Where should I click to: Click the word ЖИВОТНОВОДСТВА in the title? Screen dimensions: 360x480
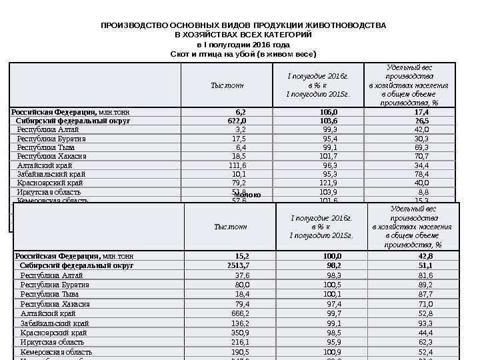pyautogui.click(x=346, y=25)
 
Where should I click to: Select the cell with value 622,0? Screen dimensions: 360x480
pyautogui.click(x=237, y=121)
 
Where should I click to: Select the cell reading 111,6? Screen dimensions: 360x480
pyautogui.click(x=237, y=165)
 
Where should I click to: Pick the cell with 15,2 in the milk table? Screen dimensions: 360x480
pyautogui.click(x=243, y=255)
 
